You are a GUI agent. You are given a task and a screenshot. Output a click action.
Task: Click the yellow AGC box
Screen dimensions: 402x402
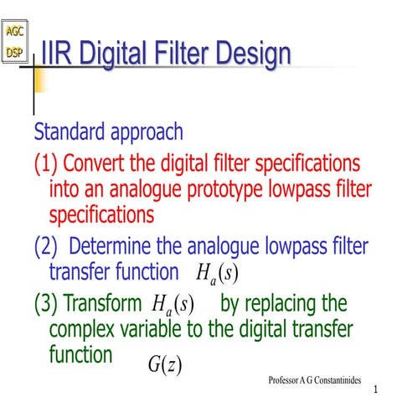coord(15,33)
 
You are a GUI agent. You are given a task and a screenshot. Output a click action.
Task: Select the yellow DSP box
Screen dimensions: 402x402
coord(15,52)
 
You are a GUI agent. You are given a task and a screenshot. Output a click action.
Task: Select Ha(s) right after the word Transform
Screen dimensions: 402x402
coord(173,304)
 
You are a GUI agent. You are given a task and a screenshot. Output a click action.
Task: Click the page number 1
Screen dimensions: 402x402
coord(378,390)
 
